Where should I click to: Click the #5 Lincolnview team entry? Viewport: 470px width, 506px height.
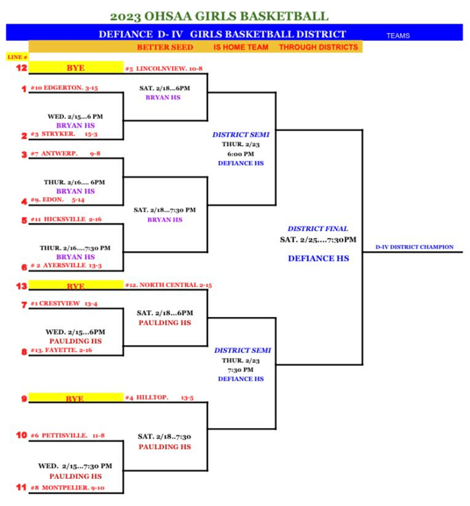click(164, 69)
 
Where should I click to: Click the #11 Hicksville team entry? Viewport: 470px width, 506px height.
click(66, 219)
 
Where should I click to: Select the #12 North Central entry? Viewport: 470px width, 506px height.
click(168, 285)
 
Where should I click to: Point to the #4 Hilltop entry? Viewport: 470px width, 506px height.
click(159, 398)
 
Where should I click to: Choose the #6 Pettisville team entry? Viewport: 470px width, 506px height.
click(67, 435)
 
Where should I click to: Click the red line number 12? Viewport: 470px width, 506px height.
click(21, 68)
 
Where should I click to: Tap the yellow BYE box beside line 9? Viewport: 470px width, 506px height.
click(75, 398)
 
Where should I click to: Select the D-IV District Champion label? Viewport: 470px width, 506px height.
click(414, 247)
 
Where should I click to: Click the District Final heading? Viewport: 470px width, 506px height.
click(318, 229)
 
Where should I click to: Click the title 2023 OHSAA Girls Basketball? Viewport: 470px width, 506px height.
click(220, 16)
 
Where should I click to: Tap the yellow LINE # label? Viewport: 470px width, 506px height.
click(17, 57)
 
